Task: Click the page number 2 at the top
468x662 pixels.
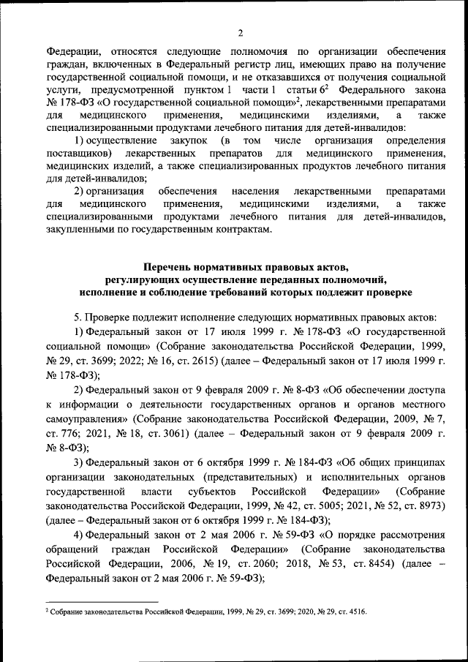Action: click(x=239, y=33)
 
